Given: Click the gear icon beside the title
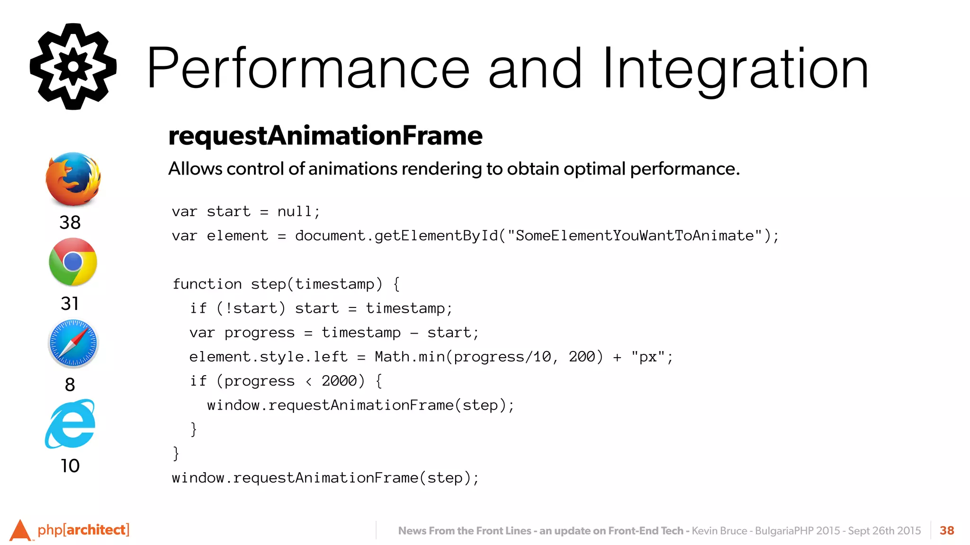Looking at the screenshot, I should [73, 67].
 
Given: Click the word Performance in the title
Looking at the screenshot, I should [308, 69].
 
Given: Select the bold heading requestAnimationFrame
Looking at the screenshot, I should [325, 136].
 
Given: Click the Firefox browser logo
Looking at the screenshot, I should [73, 179].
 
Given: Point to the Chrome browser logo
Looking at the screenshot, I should [73, 262].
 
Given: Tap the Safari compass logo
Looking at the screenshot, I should [73, 343].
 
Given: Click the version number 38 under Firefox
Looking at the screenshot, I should [70, 222].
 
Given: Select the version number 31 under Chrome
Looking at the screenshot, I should [70, 303].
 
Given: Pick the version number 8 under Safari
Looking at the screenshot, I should [70, 385].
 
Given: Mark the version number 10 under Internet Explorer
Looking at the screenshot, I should [70, 466].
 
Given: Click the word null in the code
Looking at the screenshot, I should [294, 211].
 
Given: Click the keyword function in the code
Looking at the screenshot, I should [207, 284].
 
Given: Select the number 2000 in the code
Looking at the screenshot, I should [339, 381].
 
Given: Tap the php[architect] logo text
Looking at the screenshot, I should [83, 530].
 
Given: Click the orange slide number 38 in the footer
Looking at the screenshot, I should [947, 530].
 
